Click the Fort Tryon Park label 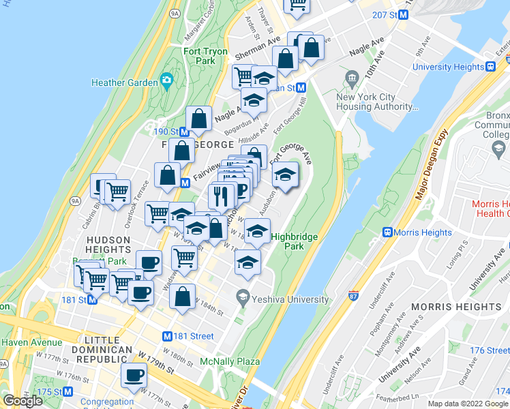click(199, 56)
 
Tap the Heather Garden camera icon click(166, 81)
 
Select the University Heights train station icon click(490, 67)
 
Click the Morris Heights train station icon click(387, 232)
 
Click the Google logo click(23, 401)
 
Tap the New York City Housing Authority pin click(352, 78)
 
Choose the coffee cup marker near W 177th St click(134, 376)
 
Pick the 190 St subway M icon click(185, 132)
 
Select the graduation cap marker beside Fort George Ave click(285, 177)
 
